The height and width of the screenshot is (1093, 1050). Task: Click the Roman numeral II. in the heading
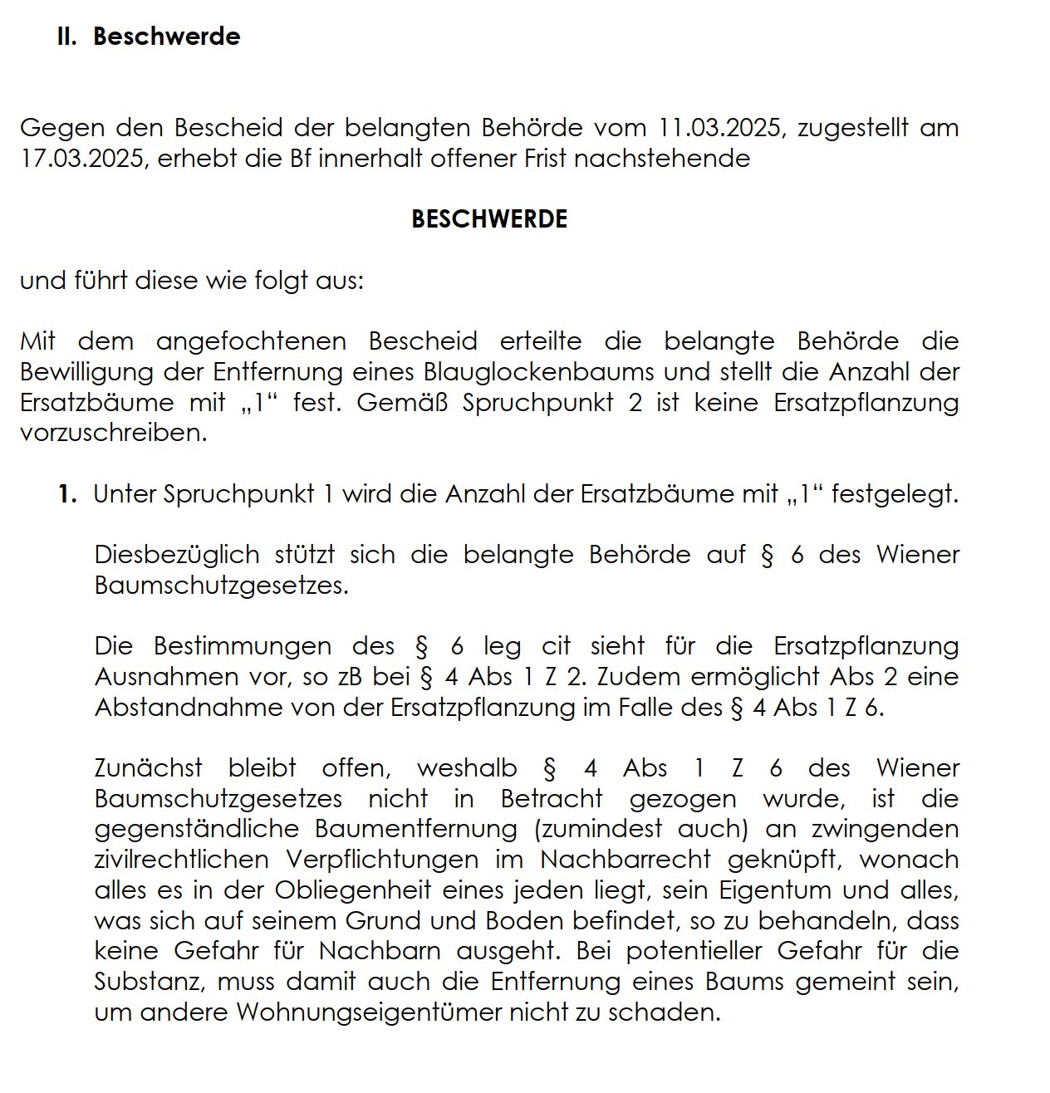(66, 37)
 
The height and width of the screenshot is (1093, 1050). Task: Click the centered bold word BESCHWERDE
(489, 219)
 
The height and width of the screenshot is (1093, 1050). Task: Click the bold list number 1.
(67, 495)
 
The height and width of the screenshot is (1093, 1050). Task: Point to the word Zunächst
(149, 768)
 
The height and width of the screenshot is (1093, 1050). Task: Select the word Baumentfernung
(416, 829)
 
